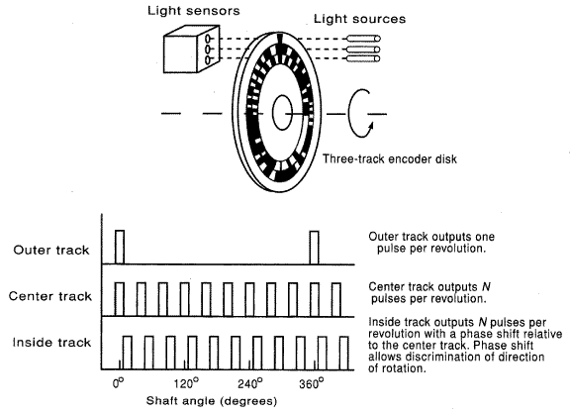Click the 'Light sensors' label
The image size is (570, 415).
pyautogui.click(x=193, y=11)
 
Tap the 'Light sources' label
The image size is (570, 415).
pyautogui.click(x=359, y=19)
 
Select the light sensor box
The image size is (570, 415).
pyautogui.click(x=192, y=49)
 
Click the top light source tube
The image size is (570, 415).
pyautogui.click(x=363, y=39)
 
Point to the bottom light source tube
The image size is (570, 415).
pyautogui.click(x=363, y=58)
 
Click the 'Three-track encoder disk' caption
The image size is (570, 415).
pyautogui.click(x=390, y=158)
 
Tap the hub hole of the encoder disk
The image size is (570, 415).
pyautogui.click(x=282, y=113)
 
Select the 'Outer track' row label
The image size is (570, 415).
pyautogui.click(x=51, y=251)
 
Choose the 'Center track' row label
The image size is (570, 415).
pyautogui.click(x=50, y=296)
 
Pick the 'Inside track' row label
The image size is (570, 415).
pyautogui.click(x=51, y=343)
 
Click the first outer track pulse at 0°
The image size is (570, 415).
pyautogui.click(x=120, y=247)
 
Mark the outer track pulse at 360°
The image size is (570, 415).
pyautogui.click(x=315, y=248)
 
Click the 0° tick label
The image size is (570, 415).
pyautogui.click(x=118, y=383)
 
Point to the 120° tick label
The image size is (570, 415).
pyautogui.click(x=186, y=383)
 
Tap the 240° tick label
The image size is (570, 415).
pyautogui.click(x=250, y=383)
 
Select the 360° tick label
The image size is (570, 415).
pyautogui.click(x=312, y=383)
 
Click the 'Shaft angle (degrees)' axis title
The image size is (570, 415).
pyautogui.click(x=212, y=401)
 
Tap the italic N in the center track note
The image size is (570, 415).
pyautogui.click(x=486, y=286)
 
